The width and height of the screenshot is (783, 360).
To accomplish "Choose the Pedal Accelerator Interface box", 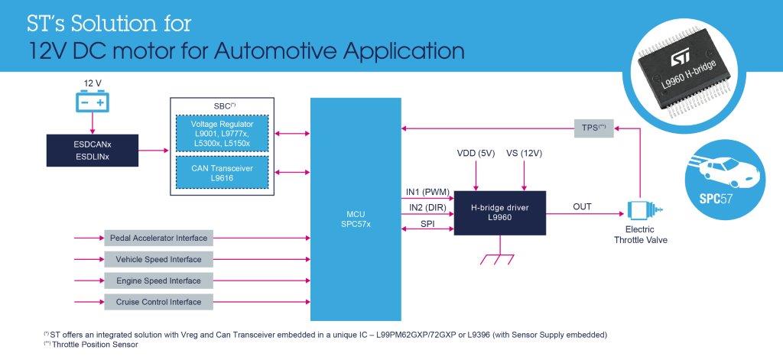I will click(157, 238).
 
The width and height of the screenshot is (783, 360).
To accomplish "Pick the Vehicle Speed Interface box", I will click(157, 260).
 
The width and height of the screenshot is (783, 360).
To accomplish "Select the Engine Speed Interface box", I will click(157, 281).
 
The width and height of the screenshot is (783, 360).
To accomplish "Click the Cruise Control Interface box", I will click(157, 302).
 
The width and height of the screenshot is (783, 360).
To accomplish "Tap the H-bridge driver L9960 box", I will click(499, 212).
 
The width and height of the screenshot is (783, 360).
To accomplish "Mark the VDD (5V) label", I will click(476, 153).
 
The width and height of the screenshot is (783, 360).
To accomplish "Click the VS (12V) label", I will click(525, 153).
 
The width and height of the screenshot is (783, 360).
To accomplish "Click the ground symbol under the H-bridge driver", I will click(499, 259).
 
